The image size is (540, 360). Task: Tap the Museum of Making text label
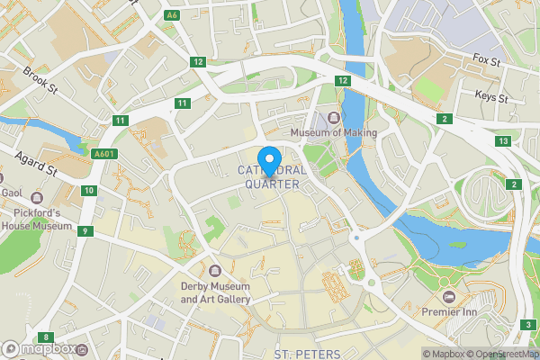pyautogui.click(x=333, y=133)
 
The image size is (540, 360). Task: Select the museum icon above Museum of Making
pyautogui.click(x=334, y=117)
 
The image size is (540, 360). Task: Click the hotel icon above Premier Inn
pyautogui.click(x=448, y=296)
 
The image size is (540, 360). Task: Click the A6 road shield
pyautogui.click(x=172, y=15)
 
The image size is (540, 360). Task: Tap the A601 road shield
pyautogui.click(x=103, y=154)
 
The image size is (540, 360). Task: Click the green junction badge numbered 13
pyautogui.click(x=503, y=141)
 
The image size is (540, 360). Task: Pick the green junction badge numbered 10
pyautogui.click(x=88, y=190)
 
